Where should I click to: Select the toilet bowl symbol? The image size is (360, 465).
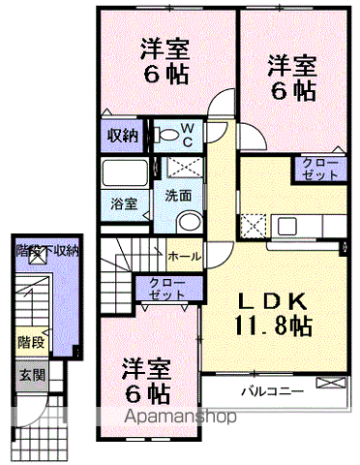point(167,133)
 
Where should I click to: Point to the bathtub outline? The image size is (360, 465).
point(125,175)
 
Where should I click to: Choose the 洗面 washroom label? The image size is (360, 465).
point(177,194)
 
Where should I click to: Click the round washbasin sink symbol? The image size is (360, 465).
point(190,221)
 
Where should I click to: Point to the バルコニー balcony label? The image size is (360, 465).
point(272,392)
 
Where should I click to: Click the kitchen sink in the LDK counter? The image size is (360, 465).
point(290,228)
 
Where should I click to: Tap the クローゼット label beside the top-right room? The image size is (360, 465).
point(320,170)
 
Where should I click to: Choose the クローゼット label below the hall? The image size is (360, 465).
point(167,289)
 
